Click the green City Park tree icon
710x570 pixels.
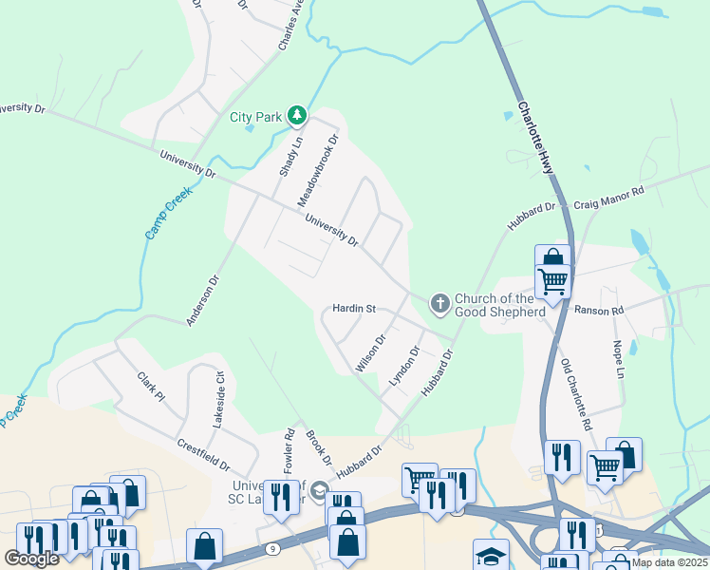tap(298, 116)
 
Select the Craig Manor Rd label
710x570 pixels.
tap(608, 198)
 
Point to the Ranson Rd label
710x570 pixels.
tap(598, 311)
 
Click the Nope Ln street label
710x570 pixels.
tap(618, 360)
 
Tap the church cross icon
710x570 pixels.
tap(439, 303)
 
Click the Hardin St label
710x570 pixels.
tap(355, 309)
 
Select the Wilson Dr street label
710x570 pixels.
tap(370, 352)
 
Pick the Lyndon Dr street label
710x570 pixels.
tap(404, 366)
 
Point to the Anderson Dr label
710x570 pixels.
tap(202, 300)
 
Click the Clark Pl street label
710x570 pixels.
tap(151, 387)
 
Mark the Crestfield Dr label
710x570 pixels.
tap(204, 455)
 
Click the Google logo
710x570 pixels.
tap(31, 559)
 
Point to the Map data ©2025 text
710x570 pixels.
tap(669, 562)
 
